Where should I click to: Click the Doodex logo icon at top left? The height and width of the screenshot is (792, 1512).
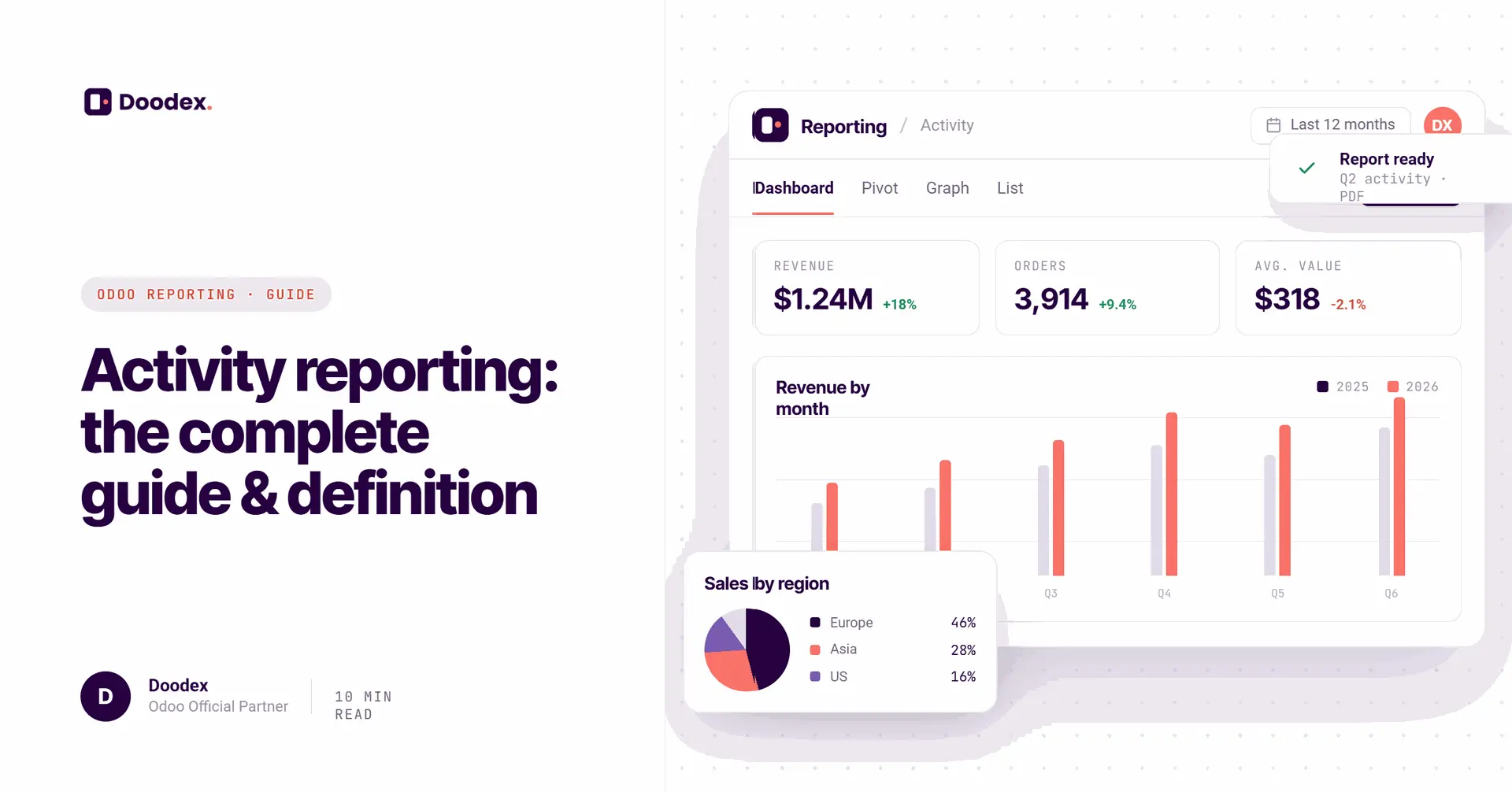(x=98, y=102)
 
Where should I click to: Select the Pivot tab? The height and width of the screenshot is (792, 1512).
(x=880, y=188)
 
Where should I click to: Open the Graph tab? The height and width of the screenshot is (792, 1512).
(x=947, y=188)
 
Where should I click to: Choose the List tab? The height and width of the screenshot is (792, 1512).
(x=1010, y=188)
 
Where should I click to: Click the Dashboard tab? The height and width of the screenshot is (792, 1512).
(x=793, y=188)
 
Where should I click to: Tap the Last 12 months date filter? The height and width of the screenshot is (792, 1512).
(x=1330, y=125)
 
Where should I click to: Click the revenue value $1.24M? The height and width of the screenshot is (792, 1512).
(x=823, y=299)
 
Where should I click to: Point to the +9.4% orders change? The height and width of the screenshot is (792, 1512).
(x=1117, y=305)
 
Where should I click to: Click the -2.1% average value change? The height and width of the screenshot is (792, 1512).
(x=1348, y=305)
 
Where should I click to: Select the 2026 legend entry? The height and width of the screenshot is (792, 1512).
(x=1413, y=387)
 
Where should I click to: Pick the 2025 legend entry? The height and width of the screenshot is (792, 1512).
(x=1343, y=387)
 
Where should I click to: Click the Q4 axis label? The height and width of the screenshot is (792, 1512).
(x=1164, y=594)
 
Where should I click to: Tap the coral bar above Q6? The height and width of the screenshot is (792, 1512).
(x=1399, y=487)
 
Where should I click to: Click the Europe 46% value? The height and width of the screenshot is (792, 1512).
(x=963, y=623)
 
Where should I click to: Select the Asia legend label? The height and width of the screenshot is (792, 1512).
(x=843, y=650)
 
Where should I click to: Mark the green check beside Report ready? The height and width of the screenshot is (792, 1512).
(x=1306, y=168)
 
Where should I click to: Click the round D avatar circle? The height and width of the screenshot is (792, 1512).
(x=106, y=697)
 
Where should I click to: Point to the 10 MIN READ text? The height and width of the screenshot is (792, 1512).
(x=363, y=705)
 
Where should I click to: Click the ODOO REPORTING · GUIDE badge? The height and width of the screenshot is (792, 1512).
(x=206, y=294)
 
